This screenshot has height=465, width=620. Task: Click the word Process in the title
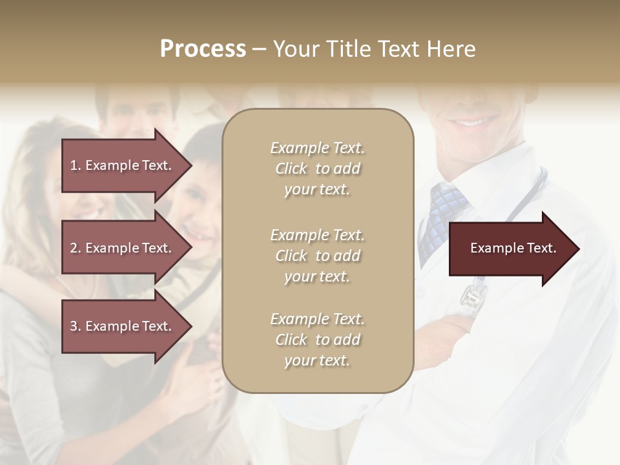(x=203, y=49)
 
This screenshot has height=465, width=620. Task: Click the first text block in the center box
(x=318, y=169)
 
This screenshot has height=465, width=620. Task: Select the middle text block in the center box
(x=318, y=256)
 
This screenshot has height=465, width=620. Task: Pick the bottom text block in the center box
(x=318, y=340)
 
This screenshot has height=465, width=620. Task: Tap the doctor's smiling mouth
(x=475, y=121)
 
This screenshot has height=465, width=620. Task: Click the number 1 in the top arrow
(x=74, y=165)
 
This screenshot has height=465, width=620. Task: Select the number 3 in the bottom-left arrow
(x=74, y=326)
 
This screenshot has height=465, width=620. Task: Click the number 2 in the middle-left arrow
(x=74, y=248)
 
